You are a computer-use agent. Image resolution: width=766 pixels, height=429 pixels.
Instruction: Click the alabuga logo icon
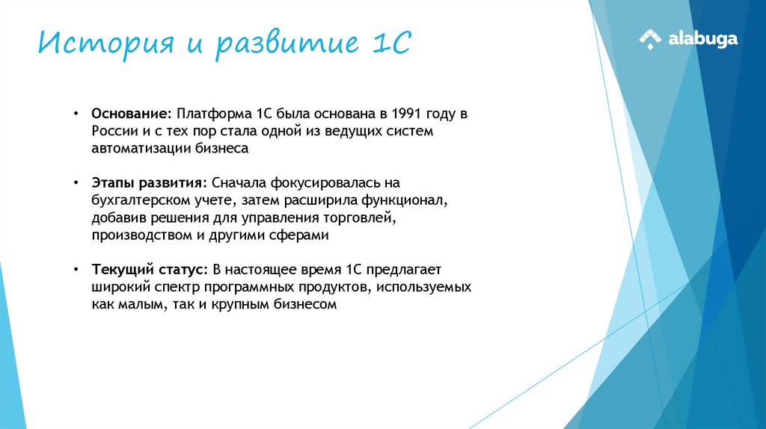(x=650, y=39)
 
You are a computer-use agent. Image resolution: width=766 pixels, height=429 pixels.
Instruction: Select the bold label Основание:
(x=132, y=114)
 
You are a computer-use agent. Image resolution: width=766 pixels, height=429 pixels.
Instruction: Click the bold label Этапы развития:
(x=150, y=183)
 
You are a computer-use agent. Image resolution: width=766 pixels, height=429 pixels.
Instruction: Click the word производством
(x=138, y=235)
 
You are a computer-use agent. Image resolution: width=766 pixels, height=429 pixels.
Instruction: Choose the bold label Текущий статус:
(x=149, y=269)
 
